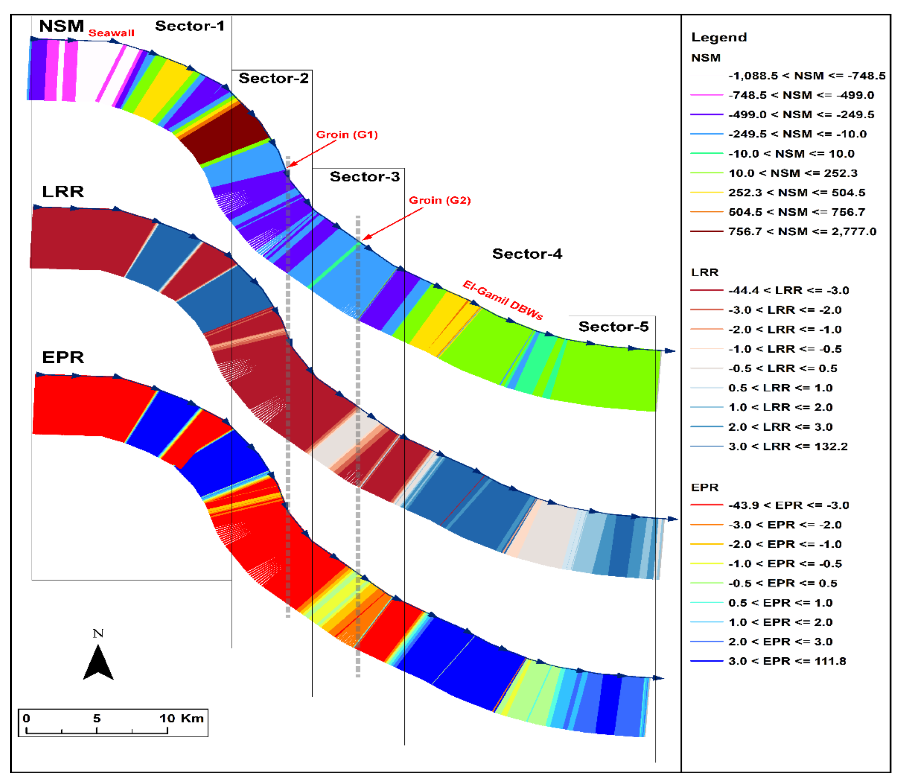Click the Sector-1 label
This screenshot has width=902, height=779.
(190, 26)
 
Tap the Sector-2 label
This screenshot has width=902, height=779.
(273, 78)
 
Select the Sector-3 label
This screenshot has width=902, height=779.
(364, 176)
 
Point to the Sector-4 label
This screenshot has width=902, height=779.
(527, 254)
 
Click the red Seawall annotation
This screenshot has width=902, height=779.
(111, 33)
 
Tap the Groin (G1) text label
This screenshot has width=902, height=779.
(347, 135)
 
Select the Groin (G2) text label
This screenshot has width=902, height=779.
(440, 201)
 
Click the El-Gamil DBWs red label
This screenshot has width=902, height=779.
(502, 300)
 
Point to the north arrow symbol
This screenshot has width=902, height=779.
(98, 662)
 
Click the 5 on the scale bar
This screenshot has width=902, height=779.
(97, 718)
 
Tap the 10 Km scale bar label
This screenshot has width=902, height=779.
(181, 718)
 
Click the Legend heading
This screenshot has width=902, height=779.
(719, 37)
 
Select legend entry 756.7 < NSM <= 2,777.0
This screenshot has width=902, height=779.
(802, 231)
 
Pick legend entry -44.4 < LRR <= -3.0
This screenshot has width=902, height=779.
(788, 290)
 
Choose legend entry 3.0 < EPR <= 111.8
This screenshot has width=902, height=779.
(787, 661)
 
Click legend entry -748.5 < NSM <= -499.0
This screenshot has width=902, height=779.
(801, 95)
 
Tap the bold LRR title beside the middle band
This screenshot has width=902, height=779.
(63, 192)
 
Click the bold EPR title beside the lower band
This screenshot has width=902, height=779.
(63, 357)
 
